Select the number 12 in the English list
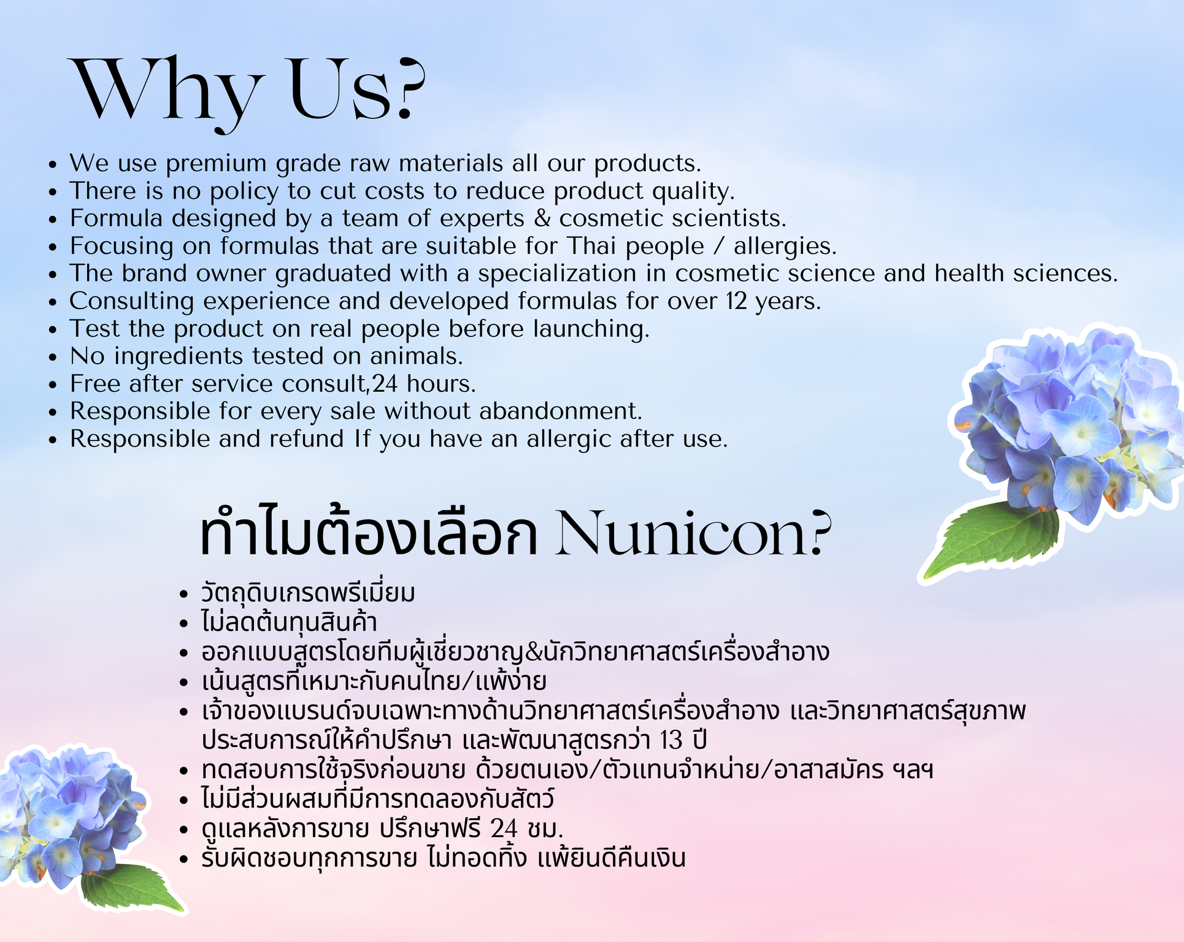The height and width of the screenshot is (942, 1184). tap(736, 301)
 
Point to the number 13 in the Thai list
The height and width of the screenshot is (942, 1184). tap(671, 741)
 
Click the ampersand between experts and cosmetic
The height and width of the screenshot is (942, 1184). tap(542, 218)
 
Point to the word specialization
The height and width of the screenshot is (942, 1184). tap(557, 274)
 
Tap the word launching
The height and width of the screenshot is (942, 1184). tap(591, 329)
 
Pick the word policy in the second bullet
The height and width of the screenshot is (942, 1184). tap(244, 192)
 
